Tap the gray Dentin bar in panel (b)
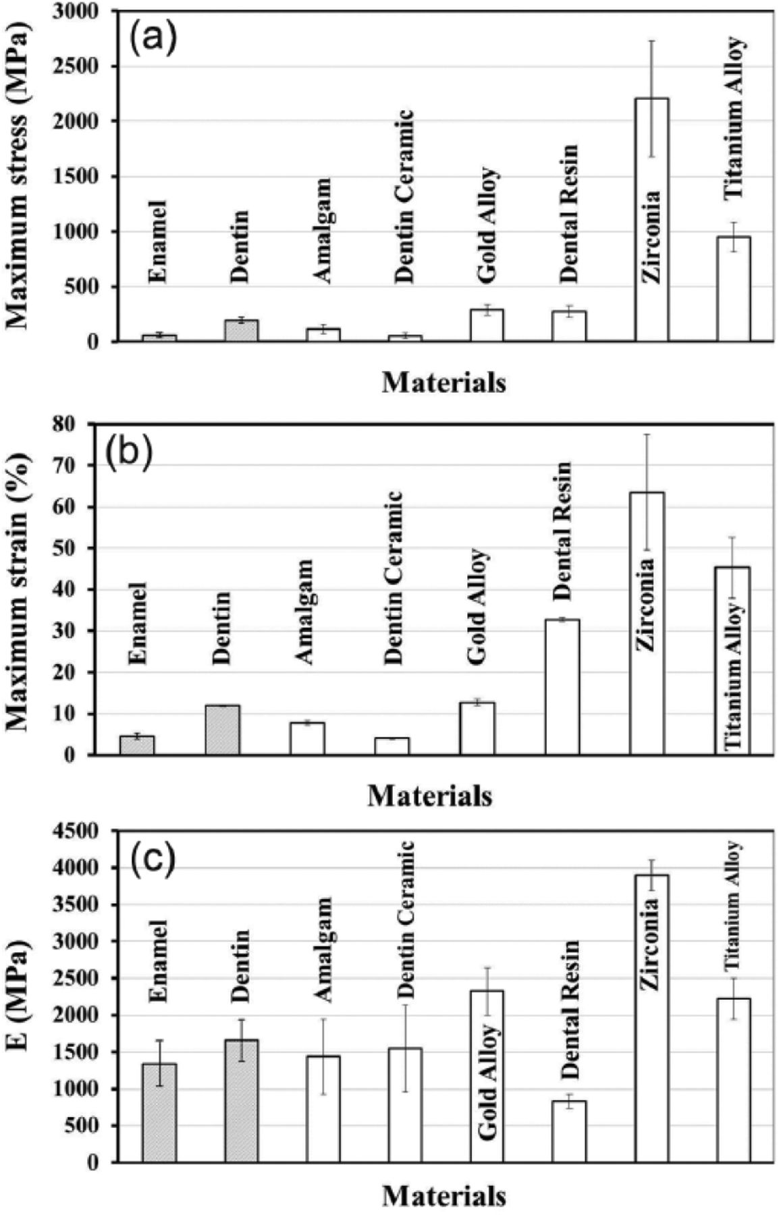[x=222, y=730]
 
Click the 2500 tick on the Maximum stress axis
[x=88, y=66]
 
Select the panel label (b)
[x=129, y=452]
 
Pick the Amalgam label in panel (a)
[x=323, y=231]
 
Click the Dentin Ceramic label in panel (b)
[x=394, y=578]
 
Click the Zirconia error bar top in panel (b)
[x=647, y=434]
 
